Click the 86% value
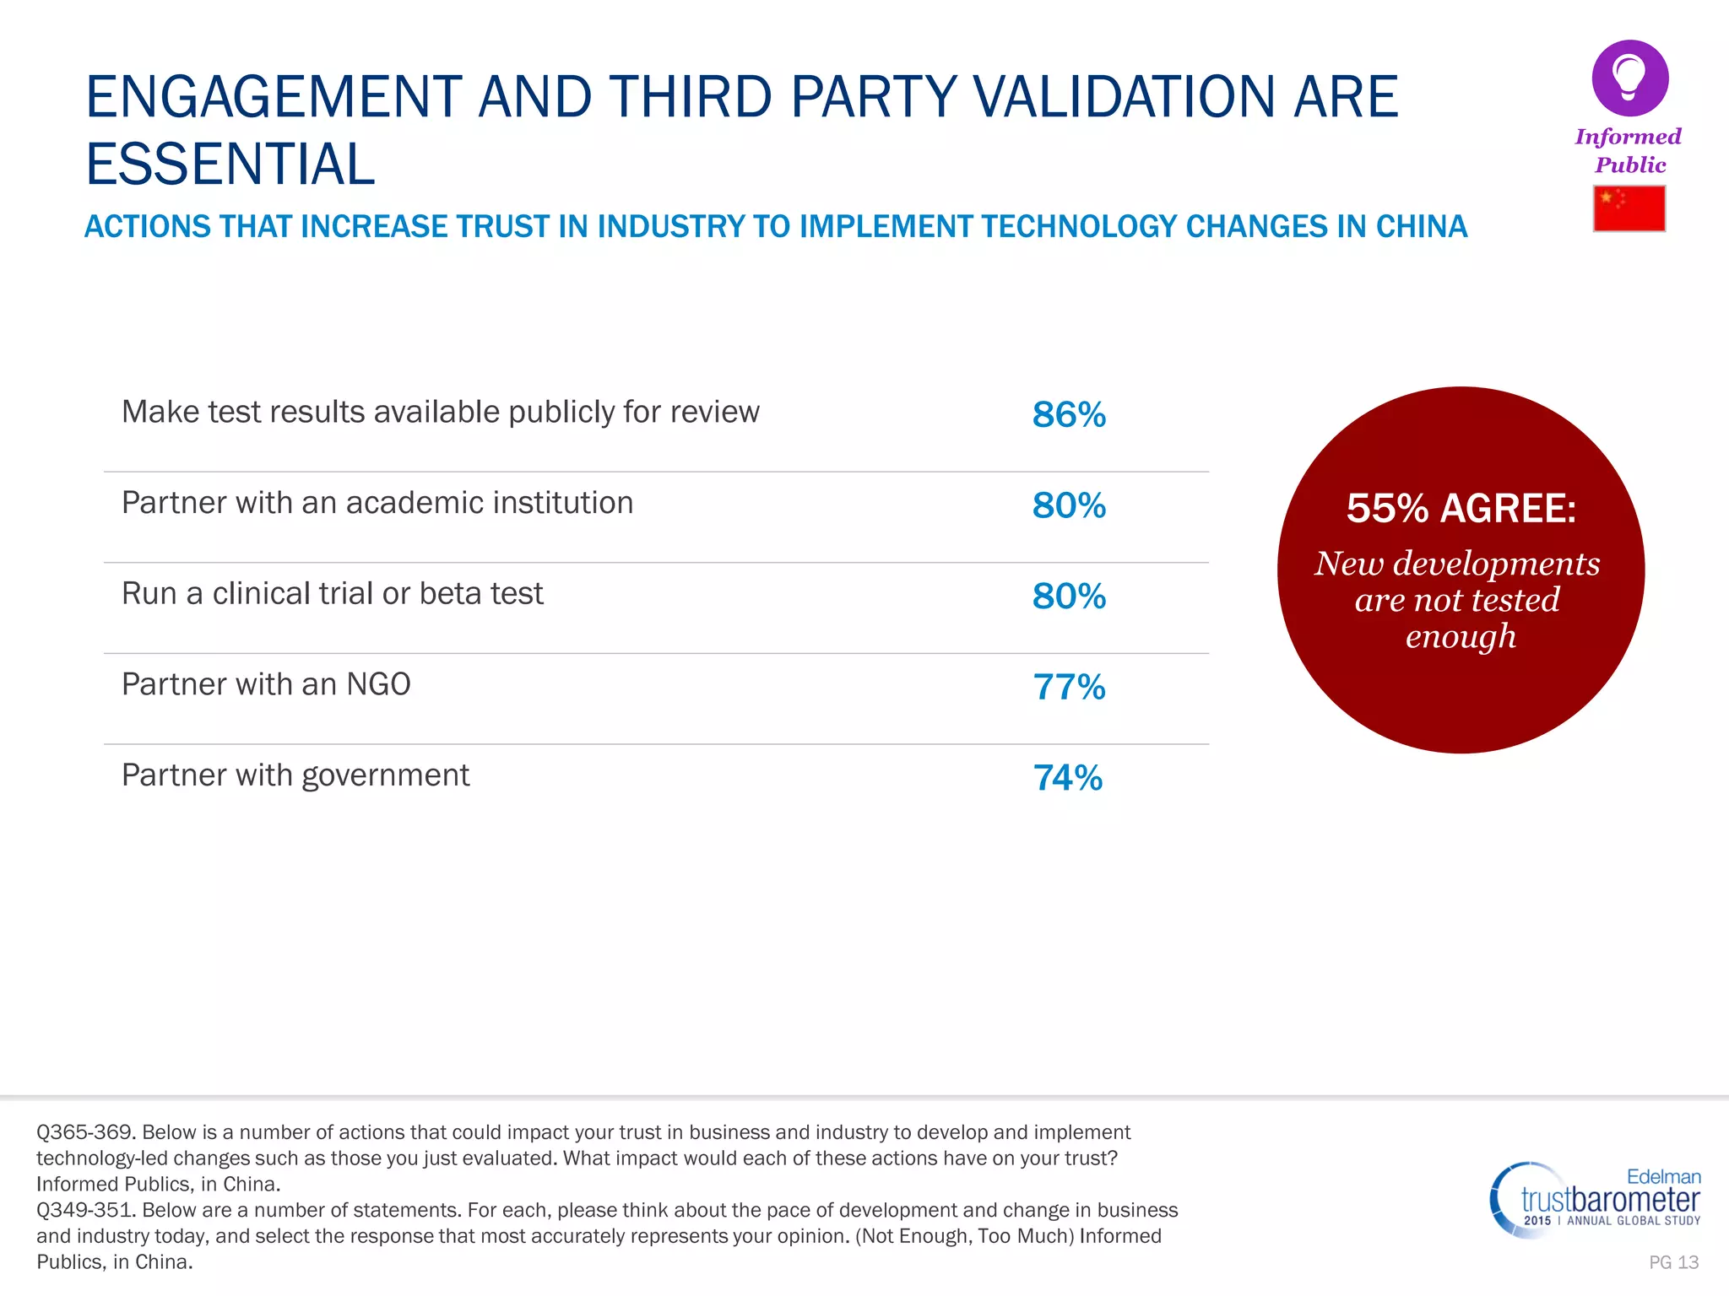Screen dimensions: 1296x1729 pyautogui.click(x=1069, y=415)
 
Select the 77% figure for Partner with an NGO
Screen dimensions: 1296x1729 pyautogui.click(x=1069, y=688)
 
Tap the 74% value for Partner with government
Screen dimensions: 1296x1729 pyautogui.click(x=1068, y=778)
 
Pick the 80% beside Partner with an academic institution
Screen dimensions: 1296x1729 pyautogui.click(x=1069, y=506)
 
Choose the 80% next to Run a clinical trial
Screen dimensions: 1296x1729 pyautogui.click(x=1069, y=597)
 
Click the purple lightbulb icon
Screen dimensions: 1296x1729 pyautogui.click(x=1629, y=78)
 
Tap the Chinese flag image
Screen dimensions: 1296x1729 pyautogui.click(x=1629, y=208)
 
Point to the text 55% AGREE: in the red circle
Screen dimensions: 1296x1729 pyautogui.click(x=1461, y=509)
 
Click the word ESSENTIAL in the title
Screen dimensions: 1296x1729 pyautogui.click(x=230, y=165)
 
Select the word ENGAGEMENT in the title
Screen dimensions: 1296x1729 pyautogui.click(x=274, y=97)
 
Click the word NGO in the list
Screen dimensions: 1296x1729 pyautogui.click(x=378, y=684)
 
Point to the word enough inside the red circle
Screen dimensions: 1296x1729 pyautogui.click(x=1461, y=637)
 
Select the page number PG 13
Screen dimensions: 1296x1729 pyautogui.click(x=1673, y=1262)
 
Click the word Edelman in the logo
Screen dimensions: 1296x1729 pyautogui.click(x=1663, y=1177)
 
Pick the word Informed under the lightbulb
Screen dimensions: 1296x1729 pyautogui.click(x=1628, y=137)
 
